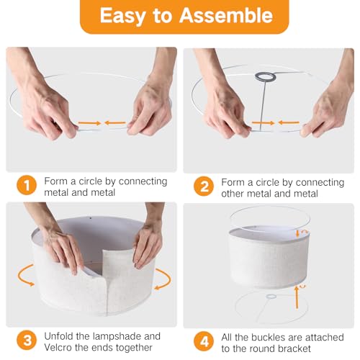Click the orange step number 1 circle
point(27,185)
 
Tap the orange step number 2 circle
point(204,186)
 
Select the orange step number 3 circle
point(27,341)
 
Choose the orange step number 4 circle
point(204,341)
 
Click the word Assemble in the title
point(226,16)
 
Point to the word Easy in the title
point(122,17)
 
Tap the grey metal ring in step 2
point(265,76)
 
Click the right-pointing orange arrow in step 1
point(90,123)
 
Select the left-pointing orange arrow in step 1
point(115,123)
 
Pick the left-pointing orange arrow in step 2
point(289,123)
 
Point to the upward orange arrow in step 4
point(297,297)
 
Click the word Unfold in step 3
point(59,336)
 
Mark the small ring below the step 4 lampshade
point(271,297)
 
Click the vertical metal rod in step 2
point(263,106)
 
